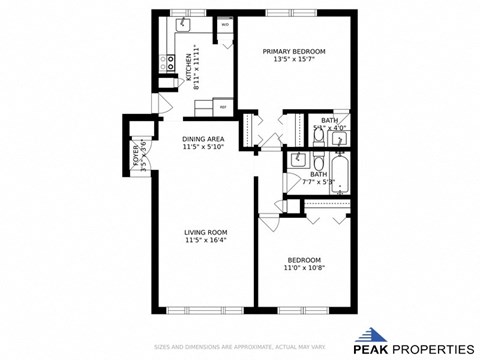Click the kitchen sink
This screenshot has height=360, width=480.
[184, 23]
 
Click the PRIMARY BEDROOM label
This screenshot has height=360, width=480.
[294, 50]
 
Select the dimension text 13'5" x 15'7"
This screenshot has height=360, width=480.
[294, 59]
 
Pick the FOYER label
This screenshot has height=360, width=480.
[135, 152]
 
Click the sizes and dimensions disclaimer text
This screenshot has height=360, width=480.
[241, 347]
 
